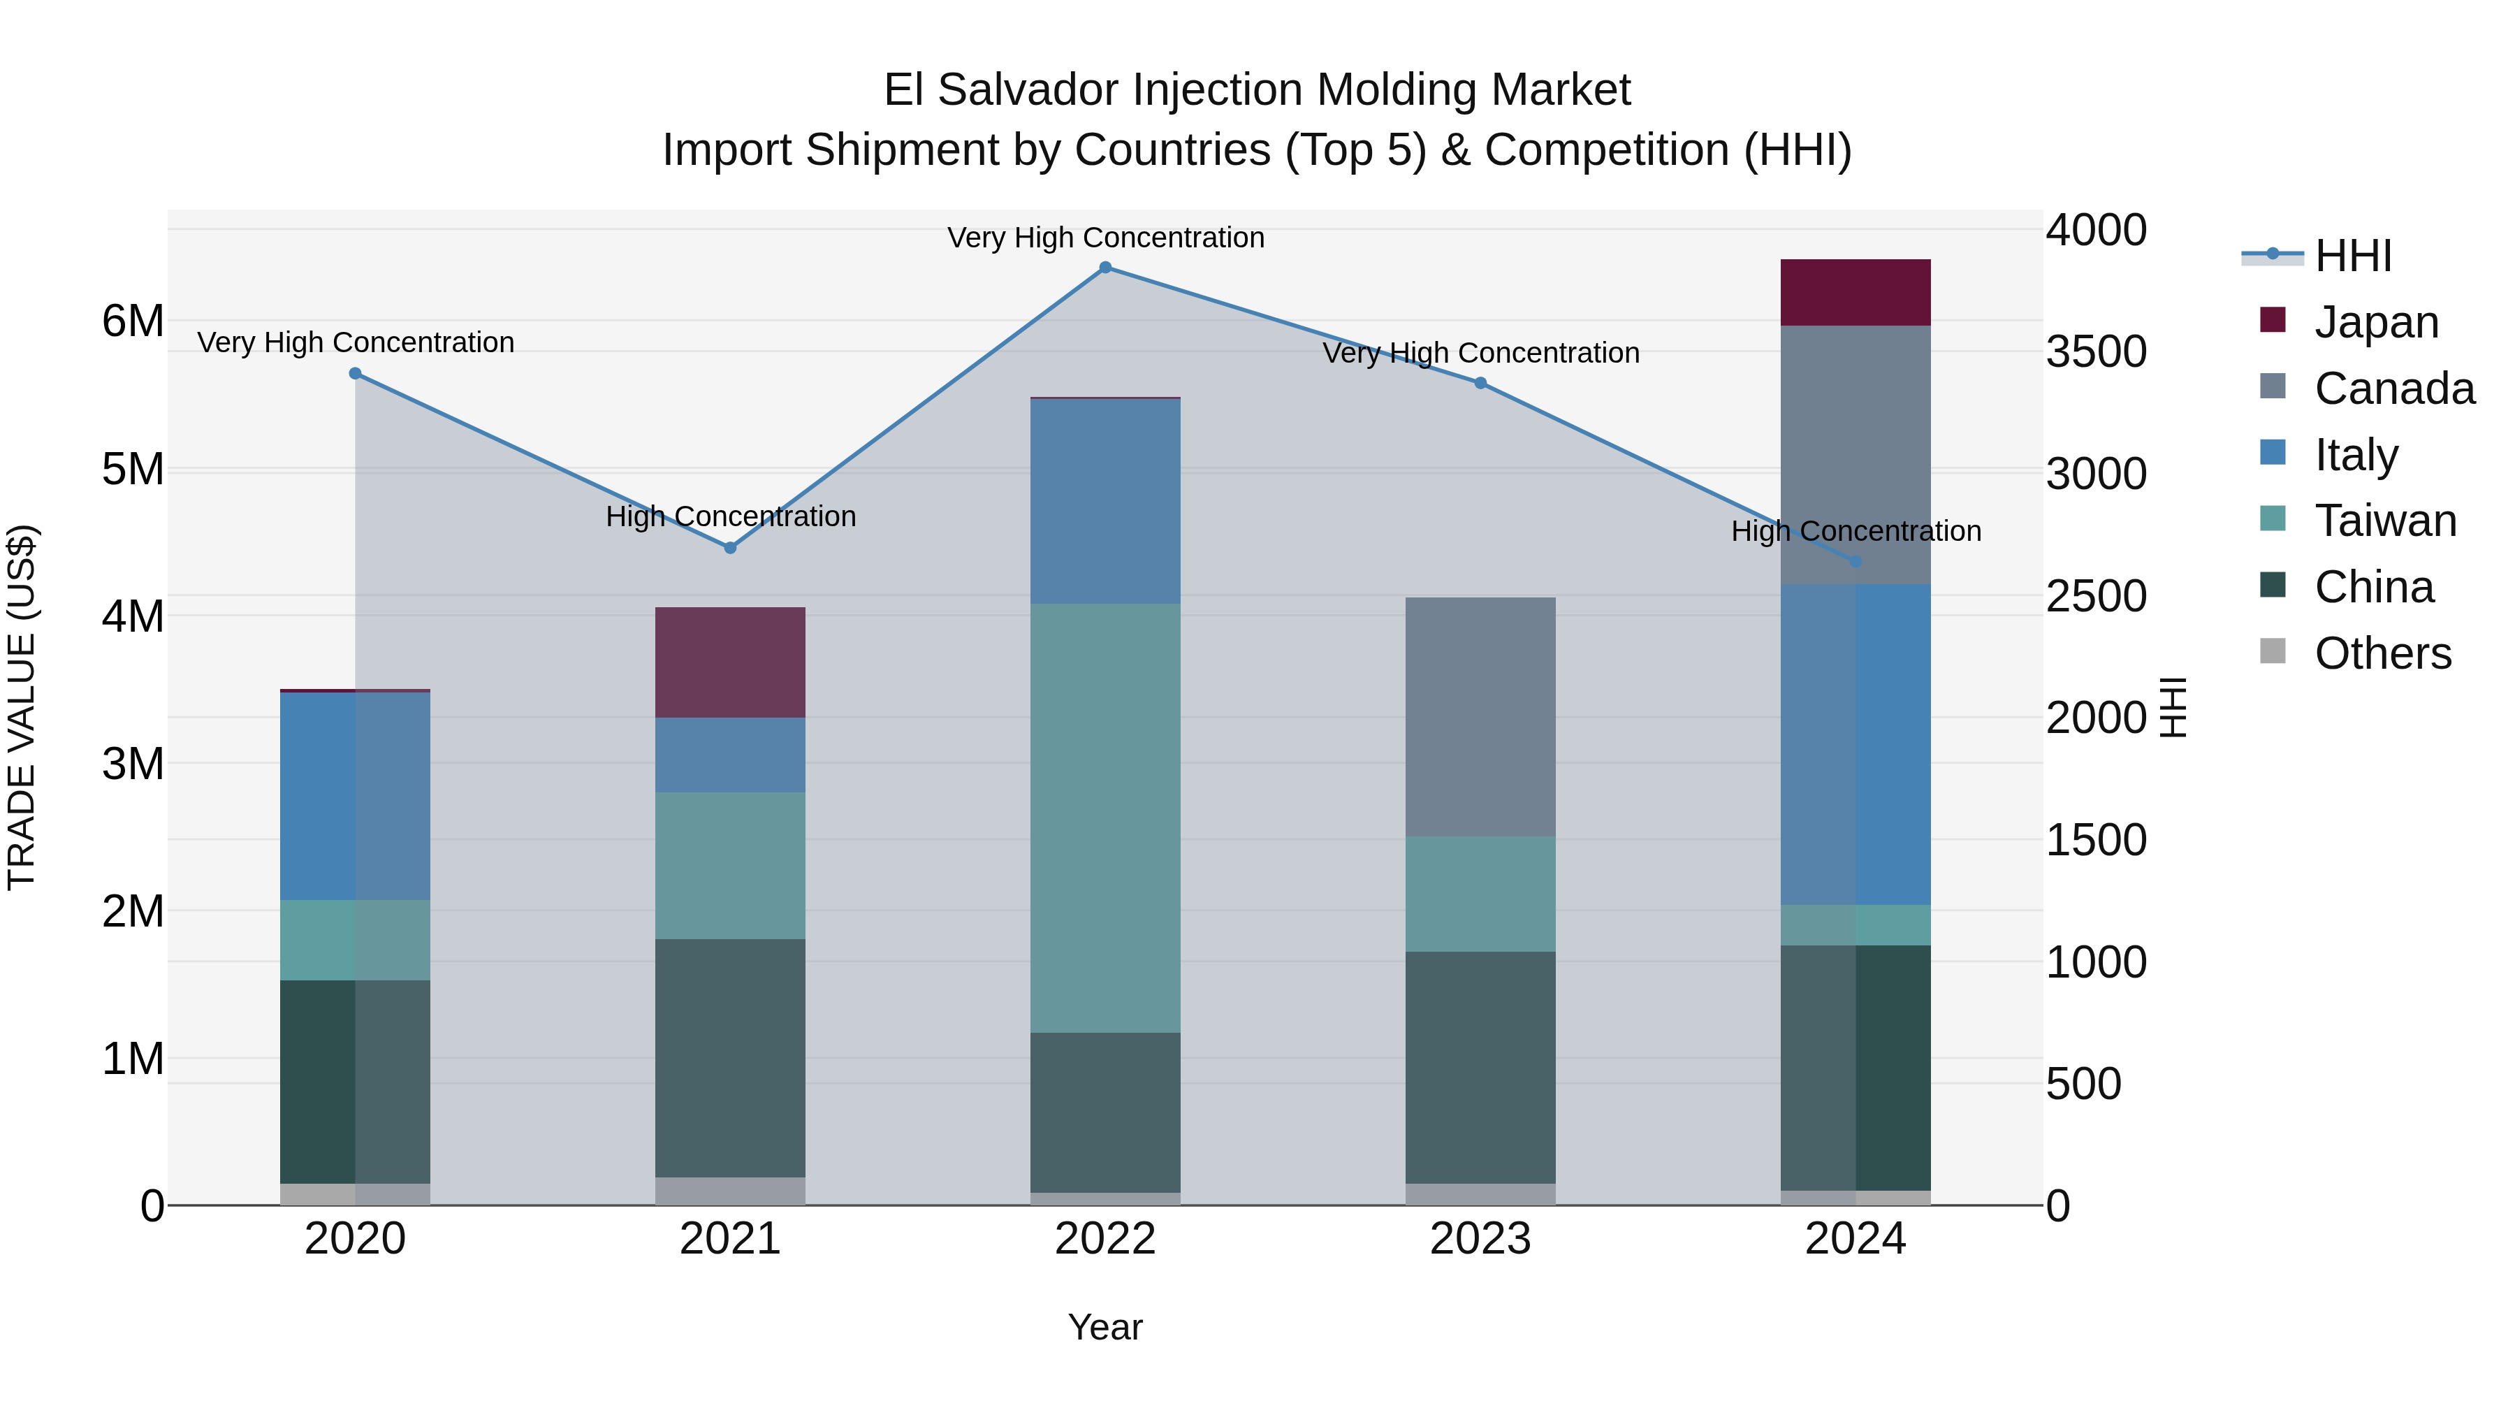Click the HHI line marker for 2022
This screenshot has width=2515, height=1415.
click(x=1105, y=268)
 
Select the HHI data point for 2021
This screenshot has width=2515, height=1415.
click(x=730, y=548)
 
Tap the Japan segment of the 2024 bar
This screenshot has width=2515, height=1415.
click(x=1855, y=293)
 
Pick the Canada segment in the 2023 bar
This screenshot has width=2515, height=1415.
click(x=1480, y=717)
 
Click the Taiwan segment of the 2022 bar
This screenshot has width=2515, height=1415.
click(x=1105, y=818)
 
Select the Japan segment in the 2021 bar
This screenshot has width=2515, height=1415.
click(x=730, y=662)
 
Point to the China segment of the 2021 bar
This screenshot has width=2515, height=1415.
click(x=730, y=1058)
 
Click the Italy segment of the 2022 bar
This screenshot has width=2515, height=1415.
click(x=1105, y=501)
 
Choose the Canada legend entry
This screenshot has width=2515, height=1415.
click(x=2394, y=389)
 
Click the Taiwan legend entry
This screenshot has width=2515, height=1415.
click(x=2385, y=521)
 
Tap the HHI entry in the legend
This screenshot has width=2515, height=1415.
click(x=2353, y=256)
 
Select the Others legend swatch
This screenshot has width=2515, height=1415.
click(x=2273, y=651)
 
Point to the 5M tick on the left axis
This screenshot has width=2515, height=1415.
click(x=133, y=470)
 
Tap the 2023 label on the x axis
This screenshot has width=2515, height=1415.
click(x=1480, y=1239)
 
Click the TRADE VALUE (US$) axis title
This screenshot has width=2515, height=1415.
click(x=22, y=707)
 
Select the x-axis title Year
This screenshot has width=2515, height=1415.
click(x=1105, y=1327)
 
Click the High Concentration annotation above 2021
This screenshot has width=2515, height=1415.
click(x=730, y=516)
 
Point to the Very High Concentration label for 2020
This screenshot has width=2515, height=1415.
click(x=356, y=343)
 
